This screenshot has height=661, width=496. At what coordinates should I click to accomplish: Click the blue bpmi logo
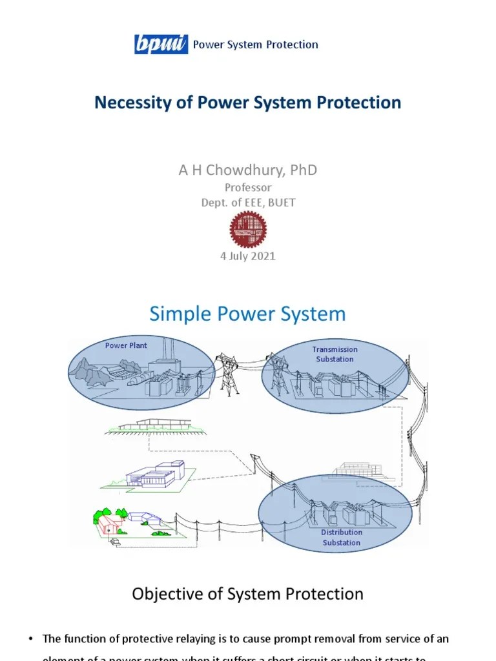point(161,45)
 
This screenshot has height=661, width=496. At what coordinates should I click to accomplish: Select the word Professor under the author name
point(248,188)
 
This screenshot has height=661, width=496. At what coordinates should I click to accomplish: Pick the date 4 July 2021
point(248,256)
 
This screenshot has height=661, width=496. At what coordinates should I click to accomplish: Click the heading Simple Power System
point(248,314)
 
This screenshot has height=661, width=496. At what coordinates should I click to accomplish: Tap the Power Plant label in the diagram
point(126,345)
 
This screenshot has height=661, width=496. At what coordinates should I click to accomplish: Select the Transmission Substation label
point(335,354)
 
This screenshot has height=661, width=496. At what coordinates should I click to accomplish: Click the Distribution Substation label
point(342,537)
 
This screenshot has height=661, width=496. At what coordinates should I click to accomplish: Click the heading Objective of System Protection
point(248,594)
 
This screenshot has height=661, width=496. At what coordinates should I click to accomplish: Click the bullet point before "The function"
point(30,639)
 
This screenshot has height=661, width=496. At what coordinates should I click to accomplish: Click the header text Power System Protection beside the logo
point(256,45)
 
